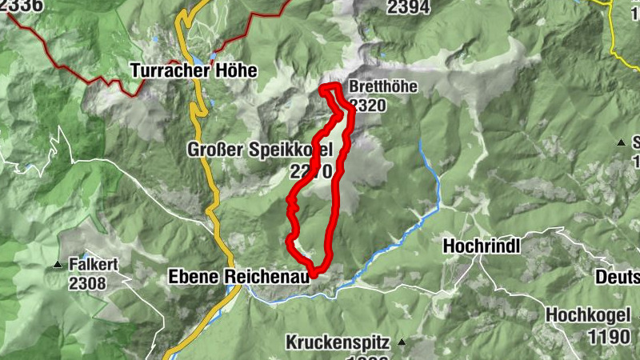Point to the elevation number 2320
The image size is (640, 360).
point(369,106)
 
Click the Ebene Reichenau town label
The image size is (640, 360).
point(238,277)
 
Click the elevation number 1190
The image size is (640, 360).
point(609,337)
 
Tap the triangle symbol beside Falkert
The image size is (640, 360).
point(57,265)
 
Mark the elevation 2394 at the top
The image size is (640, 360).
point(408,7)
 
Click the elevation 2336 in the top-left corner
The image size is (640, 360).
point(22,6)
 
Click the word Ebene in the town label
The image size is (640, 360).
point(190,277)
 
